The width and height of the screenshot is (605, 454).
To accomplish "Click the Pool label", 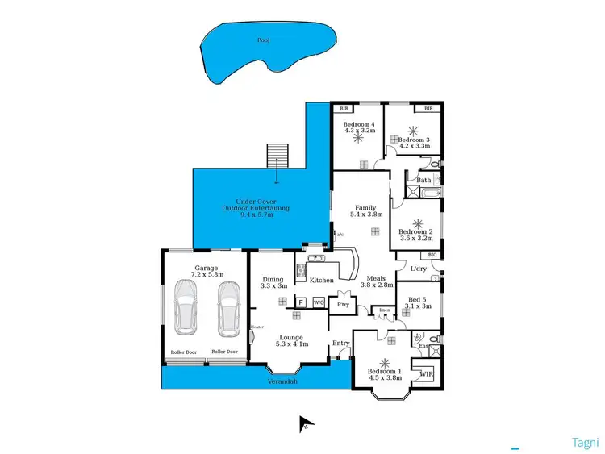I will point(263,40).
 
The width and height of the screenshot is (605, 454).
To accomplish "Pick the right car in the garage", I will point(228,310).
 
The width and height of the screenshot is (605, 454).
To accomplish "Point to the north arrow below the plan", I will point(306,423).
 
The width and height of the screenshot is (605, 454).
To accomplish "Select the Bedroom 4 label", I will point(358,126).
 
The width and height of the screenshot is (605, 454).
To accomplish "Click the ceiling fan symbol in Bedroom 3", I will point(414,131).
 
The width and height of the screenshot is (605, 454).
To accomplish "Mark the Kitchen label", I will point(322,280).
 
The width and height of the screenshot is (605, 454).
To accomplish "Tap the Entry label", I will point(341,344).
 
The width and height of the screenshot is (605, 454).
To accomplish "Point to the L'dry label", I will point(418,268).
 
